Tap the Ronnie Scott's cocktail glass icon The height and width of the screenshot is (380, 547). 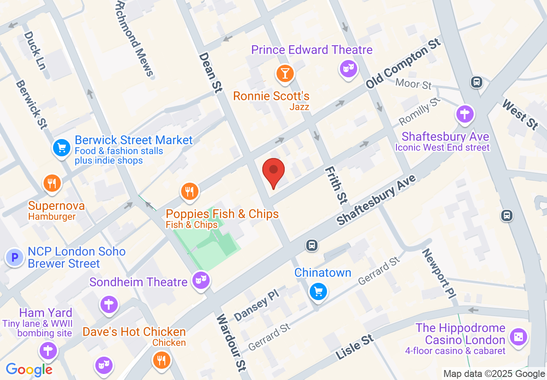coord(285,73)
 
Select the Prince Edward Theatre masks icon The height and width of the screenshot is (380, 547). coord(349,68)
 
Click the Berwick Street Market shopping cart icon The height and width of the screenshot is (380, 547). coord(61,148)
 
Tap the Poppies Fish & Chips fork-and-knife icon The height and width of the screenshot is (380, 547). coord(190,190)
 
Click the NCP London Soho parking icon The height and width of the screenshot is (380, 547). coord(15,257)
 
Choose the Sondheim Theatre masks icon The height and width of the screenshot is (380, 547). coord(201,280)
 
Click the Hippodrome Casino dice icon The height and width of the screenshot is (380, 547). coord(518,337)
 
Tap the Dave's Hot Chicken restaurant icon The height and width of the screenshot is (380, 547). coord(162,359)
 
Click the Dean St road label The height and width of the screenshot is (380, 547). coord(211,73)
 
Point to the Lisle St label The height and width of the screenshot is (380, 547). coord(355,346)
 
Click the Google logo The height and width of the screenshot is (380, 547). coord(29,370)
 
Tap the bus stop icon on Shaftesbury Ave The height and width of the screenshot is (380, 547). coord(311,246)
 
